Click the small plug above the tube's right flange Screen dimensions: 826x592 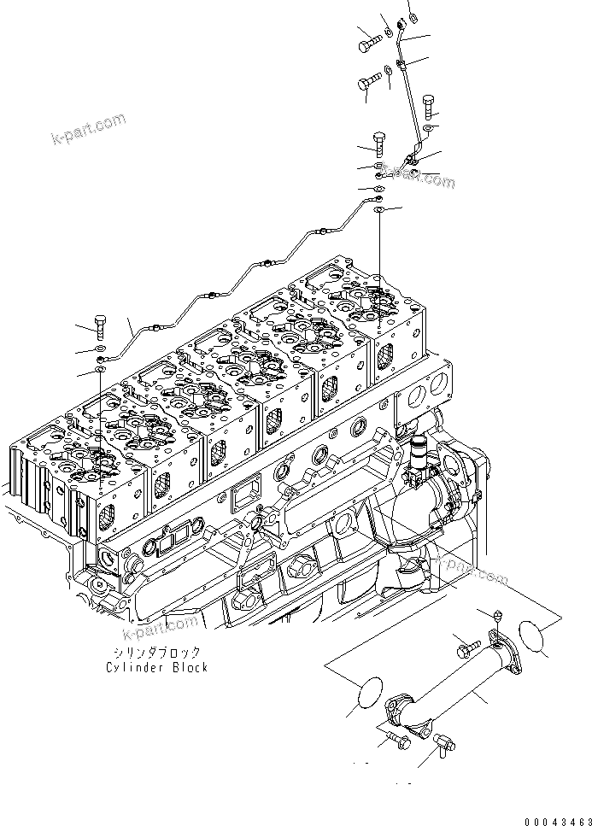tap(496, 615)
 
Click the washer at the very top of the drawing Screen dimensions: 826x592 tap(413, 15)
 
